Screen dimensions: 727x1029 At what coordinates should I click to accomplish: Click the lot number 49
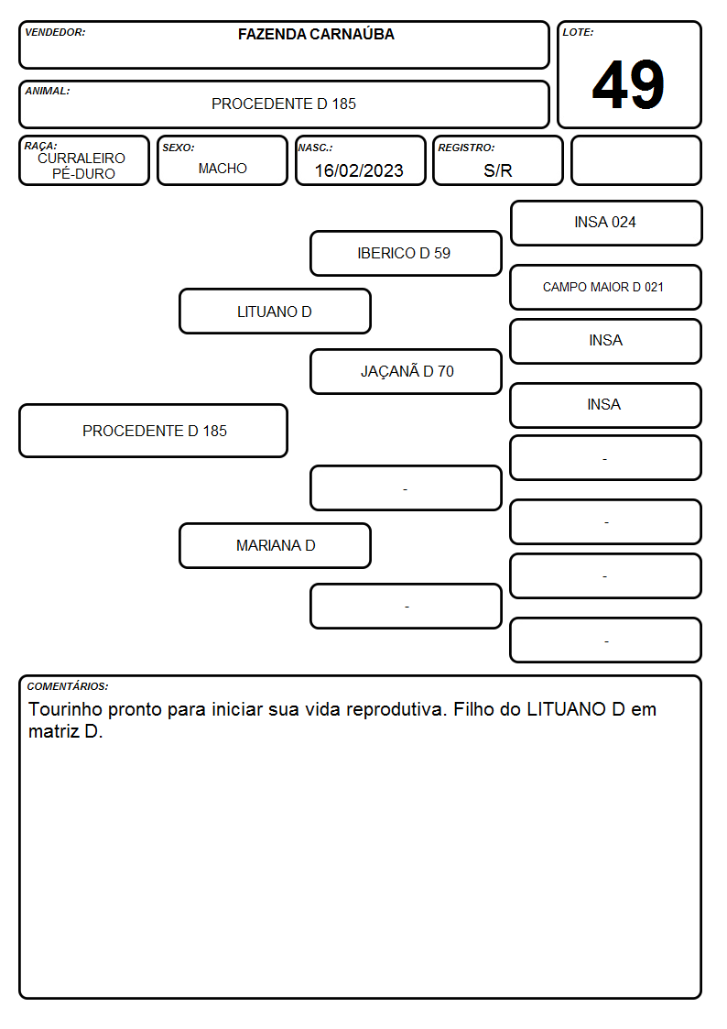tap(628, 84)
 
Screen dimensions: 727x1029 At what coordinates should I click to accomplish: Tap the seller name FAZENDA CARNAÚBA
tap(316, 34)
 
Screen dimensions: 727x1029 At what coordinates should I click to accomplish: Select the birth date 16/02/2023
tap(359, 170)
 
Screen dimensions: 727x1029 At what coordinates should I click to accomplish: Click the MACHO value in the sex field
tap(222, 169)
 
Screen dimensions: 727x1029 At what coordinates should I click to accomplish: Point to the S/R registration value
tap(498, 170)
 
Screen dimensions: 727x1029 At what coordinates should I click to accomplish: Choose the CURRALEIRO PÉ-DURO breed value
tap(81, 166)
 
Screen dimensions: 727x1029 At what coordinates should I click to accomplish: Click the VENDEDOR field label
tap(55, 32)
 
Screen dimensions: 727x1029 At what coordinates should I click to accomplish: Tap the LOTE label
tap(578, 32)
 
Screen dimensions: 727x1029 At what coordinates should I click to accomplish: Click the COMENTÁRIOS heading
tap(68, 686)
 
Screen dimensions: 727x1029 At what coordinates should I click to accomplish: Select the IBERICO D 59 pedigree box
tap(406, 253)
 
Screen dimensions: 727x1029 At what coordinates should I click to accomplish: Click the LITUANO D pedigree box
tap(276, 312)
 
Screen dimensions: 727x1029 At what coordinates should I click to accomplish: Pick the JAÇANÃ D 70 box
tap(406, 371)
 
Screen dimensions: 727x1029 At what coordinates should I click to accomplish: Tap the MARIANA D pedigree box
tap(276, 545)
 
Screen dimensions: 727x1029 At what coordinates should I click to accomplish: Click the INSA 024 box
tap(606, 224)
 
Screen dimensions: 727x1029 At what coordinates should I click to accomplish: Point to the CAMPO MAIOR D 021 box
tap(606, 288)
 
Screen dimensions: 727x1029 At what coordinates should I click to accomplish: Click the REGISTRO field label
tap(467, 148)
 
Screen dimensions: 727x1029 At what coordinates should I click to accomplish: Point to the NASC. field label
tap(315, 148)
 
